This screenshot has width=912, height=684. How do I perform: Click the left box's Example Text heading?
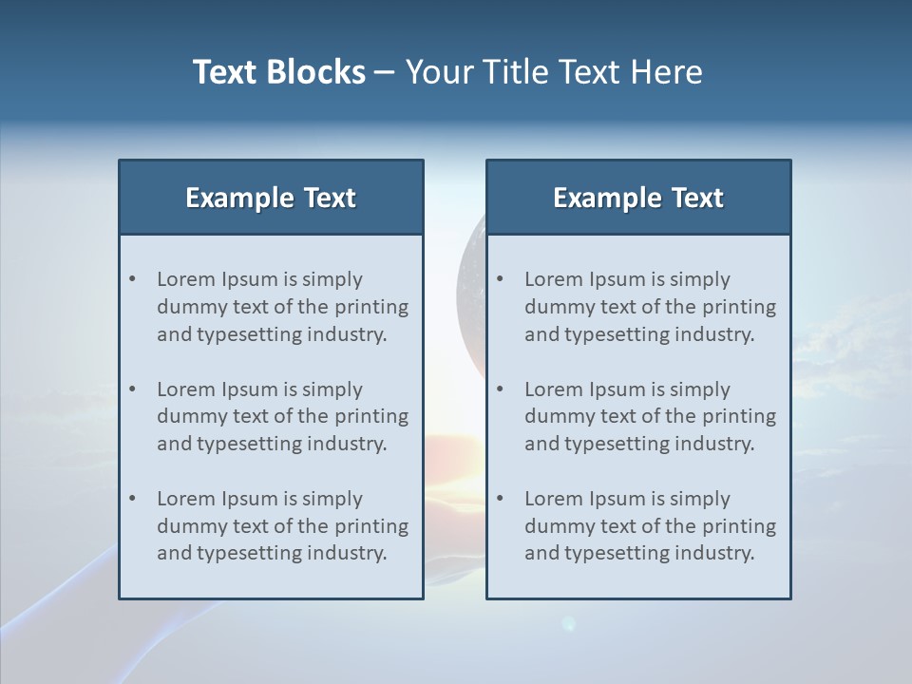coord(271,198)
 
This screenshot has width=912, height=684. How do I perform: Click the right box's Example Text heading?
coord(638,198)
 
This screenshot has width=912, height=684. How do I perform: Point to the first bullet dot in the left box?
coord(133,279)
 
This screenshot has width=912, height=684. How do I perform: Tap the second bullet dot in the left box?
coord(133,389)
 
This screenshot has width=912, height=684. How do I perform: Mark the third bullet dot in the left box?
coord(133,499)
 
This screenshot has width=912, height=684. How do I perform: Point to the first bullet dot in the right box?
coord(501,279)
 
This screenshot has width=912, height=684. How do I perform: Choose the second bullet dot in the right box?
coord(501,389)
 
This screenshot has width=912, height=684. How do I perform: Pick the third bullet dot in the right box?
coord(501,499)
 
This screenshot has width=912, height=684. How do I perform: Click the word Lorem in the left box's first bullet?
coord(186,279)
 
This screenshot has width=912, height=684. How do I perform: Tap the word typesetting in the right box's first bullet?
coord(617,334)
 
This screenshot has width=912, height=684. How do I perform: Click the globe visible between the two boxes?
coord(470,285)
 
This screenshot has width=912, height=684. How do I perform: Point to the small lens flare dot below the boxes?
coord(568,623)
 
